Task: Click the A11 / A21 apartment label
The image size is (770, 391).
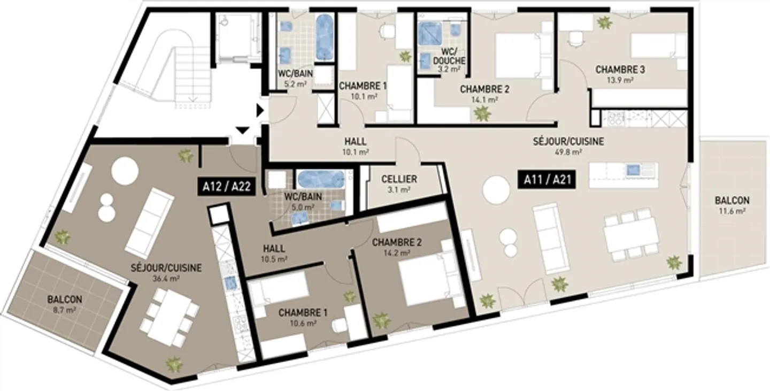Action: (547, 180)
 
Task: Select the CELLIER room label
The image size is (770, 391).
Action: (399, 179)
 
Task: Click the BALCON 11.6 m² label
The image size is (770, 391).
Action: (731, 205)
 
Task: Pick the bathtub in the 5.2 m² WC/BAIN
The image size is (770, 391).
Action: (324, 37)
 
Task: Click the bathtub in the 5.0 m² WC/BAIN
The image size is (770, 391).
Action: (316, 181)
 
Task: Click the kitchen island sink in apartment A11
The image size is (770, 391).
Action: (633, 170)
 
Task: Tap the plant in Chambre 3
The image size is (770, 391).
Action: (604, 22)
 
